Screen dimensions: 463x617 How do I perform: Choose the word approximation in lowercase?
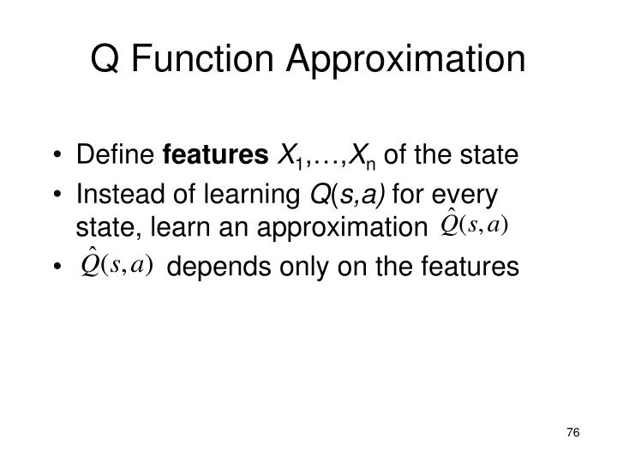(335, 226)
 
